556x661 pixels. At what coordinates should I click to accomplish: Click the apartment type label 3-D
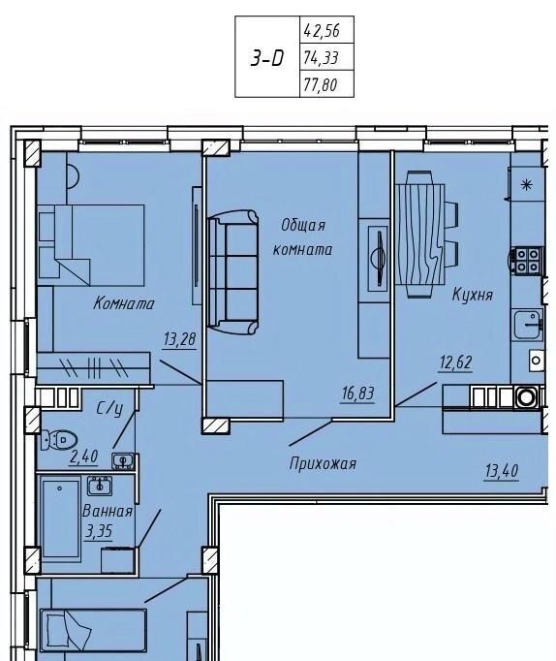click(267, 58)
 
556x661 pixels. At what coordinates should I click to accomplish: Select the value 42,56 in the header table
click(322, 31)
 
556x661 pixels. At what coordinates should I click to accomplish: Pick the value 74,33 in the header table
click(321, 57)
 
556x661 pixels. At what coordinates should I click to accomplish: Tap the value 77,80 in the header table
click(320, 84)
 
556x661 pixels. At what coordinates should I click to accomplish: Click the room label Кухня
click(472, 295)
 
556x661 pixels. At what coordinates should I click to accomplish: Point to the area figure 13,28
click(180, 339)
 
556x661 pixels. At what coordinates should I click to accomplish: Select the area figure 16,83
click(357, 393)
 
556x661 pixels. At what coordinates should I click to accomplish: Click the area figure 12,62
click(456, 362)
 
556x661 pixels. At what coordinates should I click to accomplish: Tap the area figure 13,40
click(501, 471)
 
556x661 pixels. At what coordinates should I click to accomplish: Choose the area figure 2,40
click(84, 456)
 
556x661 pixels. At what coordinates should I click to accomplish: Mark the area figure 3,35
click(99, 531)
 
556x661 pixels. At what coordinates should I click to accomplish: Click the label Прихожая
click(323, 464)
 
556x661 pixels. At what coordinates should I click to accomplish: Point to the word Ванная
click(107, 512)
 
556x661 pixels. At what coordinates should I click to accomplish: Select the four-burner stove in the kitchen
click(527, 261)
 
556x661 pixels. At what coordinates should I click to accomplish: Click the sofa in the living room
click(233, 272)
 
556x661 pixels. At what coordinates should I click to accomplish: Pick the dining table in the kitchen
click(420, 235)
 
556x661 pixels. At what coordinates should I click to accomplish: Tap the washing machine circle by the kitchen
click(526, 396)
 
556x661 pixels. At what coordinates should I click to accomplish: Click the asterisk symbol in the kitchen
click(527, 184)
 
